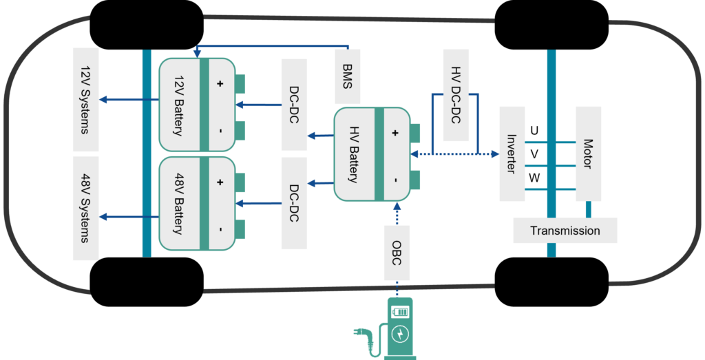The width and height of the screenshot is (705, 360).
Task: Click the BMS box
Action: click(x=346, y=70)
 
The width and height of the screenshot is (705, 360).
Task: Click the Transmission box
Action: click(x=565, y=231)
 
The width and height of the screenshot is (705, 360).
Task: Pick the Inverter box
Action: click(x=511, y=153)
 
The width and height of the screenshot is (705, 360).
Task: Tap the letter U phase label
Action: click(x=534, y=130)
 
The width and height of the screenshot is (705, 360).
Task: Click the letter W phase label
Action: click(x=534, y=178)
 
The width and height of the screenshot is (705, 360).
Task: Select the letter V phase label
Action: click(x=534, y=154)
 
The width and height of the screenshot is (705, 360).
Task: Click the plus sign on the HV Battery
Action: click(x=395, y=133)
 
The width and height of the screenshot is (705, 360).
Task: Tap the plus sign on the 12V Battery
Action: click(x=220, y=84)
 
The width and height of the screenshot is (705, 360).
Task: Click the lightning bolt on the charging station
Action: click(x=399, y=335)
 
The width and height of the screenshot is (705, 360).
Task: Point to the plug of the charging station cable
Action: click(x=359, y=331)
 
